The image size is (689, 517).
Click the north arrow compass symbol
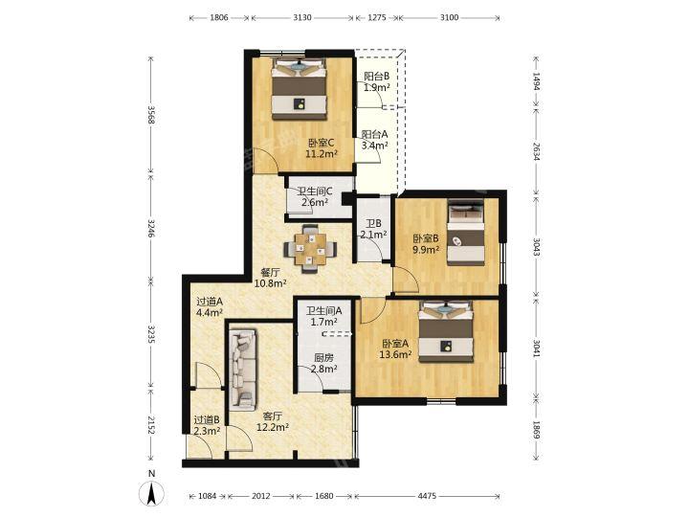click(151, 493)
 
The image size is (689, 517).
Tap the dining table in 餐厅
click(310, 249)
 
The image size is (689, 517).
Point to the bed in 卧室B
click(466, 232)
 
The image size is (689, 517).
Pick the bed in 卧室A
click(446, 331)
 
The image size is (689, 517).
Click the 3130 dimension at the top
click(302, 17)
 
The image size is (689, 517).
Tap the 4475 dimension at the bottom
click(427, 496)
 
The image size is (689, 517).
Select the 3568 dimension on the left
click(151, 115)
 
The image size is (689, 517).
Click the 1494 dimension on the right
click(536, 81)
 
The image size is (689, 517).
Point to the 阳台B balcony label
click(377, 76)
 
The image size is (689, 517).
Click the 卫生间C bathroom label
click(315, 191)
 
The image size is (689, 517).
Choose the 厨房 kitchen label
click(323, 358)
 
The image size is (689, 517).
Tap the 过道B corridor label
click(207, 420)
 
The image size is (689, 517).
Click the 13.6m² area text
click(395, 354)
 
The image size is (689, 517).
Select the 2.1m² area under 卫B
click(373, 235)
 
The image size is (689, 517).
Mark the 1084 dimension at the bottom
click(208, 496)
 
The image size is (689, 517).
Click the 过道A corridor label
click(210, 302)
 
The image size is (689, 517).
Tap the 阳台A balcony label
click(374, 134)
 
